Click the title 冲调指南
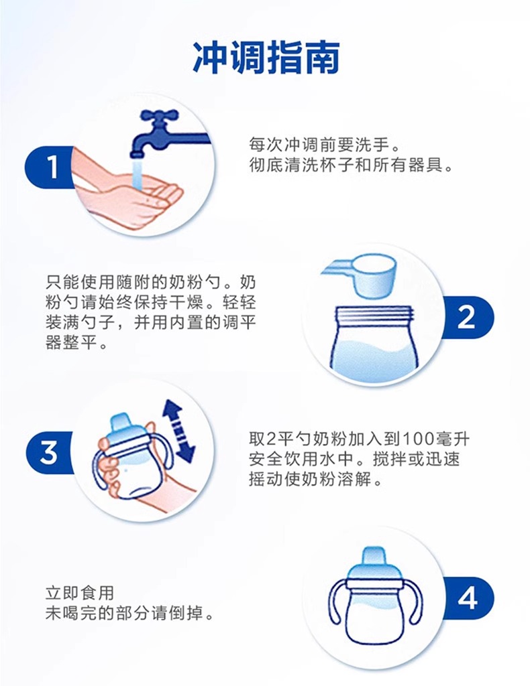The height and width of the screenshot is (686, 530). (266, 58)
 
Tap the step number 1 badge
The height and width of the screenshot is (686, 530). (49, 167)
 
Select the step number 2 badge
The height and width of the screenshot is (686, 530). (468, 317)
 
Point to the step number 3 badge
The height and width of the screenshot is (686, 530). (49, 452)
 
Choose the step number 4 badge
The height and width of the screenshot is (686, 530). (468, 598)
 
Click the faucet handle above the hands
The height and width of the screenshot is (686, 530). (158, 117)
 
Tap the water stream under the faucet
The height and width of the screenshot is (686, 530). (138, 173)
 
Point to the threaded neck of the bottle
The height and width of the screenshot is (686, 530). (374, 316)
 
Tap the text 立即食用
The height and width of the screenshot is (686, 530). (80, 593)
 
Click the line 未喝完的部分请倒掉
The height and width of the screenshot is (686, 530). (129, 614)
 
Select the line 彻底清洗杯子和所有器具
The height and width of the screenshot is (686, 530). (350, 165)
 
